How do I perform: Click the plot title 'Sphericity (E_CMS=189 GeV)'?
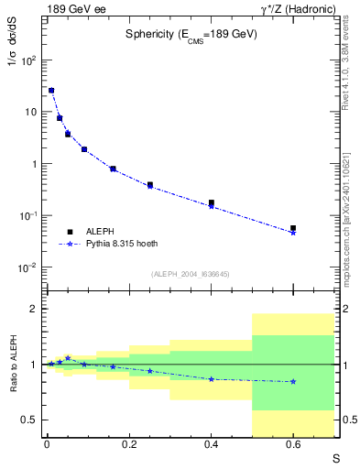tap(191, 35)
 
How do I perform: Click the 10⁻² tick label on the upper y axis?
tap(27, 267)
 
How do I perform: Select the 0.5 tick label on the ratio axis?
tap(27, 420)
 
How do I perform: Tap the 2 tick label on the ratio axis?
tap(32, 310)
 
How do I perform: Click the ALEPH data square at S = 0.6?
tap(293, 228)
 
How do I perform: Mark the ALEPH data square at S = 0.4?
tap(211, 202)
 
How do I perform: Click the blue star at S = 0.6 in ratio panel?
tap(293, 381)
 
